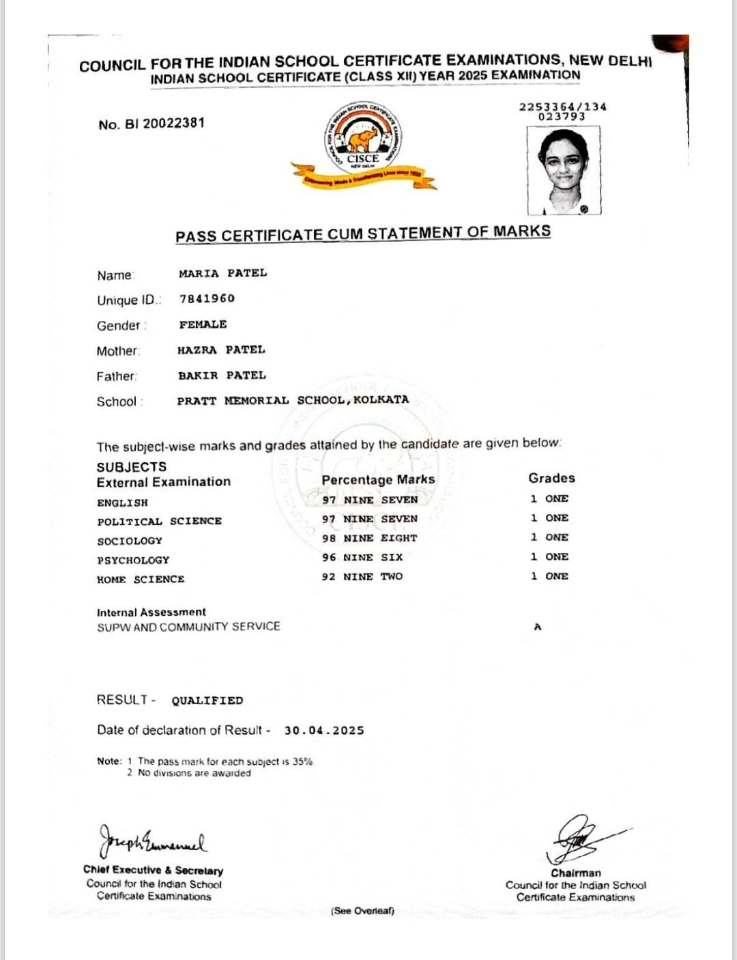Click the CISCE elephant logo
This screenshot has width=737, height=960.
(x=362, y=143)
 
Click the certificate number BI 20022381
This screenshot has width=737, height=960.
(x=151, y=124)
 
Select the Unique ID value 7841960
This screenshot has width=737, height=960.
(x=207, y=298)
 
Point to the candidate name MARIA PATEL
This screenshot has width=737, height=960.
(x=222, y=273)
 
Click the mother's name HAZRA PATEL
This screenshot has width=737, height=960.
(x=221, y=350)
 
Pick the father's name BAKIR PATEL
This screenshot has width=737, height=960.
(x=222, y=375)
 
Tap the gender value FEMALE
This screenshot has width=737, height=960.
(x=203, y=324)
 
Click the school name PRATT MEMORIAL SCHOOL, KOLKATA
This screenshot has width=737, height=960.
(x=293, y=400)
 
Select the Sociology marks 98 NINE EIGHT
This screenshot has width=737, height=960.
(x=369, y=538)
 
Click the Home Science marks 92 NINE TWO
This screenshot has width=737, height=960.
(x=362, y=576)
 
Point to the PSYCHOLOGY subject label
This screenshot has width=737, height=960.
(x=133, y=560)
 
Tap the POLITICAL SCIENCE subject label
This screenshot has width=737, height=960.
(x=159, y=521)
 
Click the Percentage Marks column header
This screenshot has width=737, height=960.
(x=378, y=479)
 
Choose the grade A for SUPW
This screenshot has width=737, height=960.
(x=538, y=627)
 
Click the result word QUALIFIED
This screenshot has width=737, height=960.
(x=207, y=701)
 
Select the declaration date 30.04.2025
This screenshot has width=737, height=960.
(x=324, y=730)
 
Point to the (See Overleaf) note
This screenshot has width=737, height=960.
(x=362, y=911)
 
